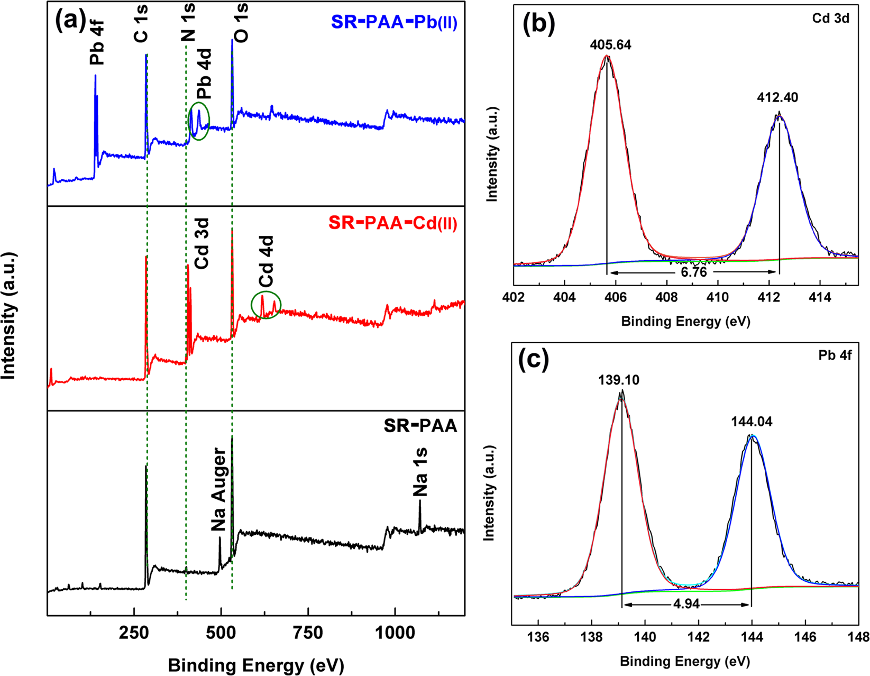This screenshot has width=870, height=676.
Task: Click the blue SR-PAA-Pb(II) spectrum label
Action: [394, 22]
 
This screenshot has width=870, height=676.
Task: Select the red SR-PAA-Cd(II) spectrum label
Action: [392, 223]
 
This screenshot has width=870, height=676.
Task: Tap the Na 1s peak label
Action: [420, 472]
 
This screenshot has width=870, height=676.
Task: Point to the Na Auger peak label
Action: [218, 490]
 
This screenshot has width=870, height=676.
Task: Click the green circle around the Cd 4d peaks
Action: [266, 305]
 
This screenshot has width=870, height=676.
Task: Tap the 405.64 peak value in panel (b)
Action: [611, 45]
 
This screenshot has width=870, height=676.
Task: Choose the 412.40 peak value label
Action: [777, 97]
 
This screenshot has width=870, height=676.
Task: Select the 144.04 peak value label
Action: [752, 422]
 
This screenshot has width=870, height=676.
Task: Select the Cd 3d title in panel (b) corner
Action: [831, 19]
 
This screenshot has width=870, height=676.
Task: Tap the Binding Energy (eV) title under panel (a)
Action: [256, 664]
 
